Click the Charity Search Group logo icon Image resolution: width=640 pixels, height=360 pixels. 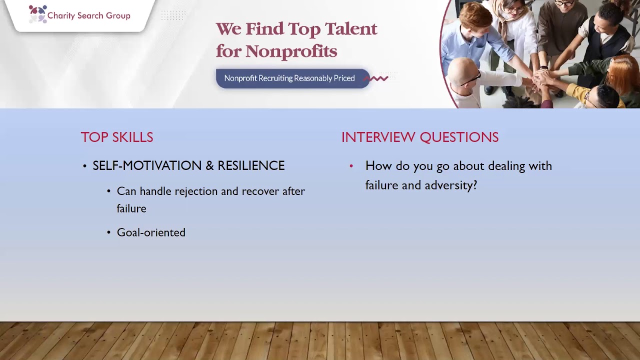(x=37, y=14)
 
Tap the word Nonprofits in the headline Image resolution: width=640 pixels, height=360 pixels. (x=291, y=51)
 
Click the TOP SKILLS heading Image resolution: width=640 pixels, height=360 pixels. (x=117, y=137)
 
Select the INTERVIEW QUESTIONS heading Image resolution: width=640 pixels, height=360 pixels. (x=419, y=137)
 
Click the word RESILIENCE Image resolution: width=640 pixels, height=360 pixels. (x=251, y=166)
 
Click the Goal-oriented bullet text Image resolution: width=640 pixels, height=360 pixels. (x=151, y=232)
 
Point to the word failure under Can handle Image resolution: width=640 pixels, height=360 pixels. (x=131, y=209)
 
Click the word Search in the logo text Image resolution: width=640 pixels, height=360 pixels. (x=89, y=16)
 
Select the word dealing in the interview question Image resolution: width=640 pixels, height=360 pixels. (x=505, y=166)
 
